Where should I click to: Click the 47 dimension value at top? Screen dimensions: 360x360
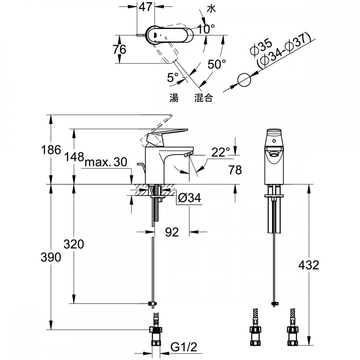point(146,6)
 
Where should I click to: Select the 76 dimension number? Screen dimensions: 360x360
point(120,49)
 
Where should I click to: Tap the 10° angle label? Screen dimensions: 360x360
point(206,29)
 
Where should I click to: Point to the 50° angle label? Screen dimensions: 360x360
point(216,64)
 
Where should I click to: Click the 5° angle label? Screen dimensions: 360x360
point(173,77)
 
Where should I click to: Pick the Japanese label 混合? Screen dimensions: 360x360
point(203,98)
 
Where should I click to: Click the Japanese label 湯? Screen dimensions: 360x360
point(174,98)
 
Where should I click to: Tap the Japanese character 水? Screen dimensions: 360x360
point(211,9)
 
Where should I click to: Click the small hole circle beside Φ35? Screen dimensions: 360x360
point(244,80)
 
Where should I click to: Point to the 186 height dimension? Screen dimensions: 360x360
point(51,150)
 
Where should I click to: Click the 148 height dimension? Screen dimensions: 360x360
point(74,157)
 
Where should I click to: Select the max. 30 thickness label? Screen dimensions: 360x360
point(106,162)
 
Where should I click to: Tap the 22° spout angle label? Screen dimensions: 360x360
point(221,152)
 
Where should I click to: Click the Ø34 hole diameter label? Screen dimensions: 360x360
point(190,198)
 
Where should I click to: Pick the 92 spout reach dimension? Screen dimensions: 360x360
point(172,232)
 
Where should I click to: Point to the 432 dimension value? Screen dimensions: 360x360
point(309,265)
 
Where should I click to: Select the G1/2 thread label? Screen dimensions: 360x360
point(184,347)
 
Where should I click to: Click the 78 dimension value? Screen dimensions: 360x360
point(235,170)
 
